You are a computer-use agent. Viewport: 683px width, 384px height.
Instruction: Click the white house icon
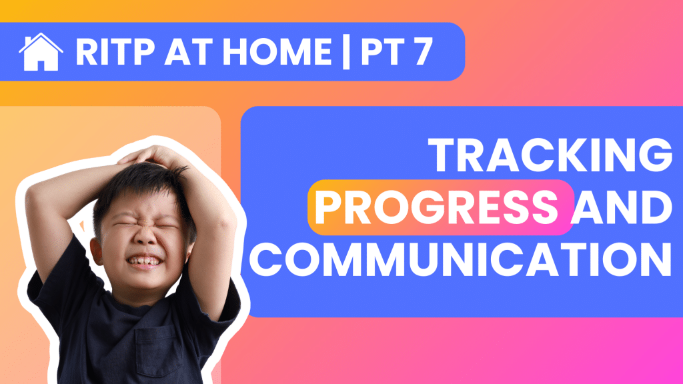tap(41, 52)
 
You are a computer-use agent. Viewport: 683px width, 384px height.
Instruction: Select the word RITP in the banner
tap(115, 52)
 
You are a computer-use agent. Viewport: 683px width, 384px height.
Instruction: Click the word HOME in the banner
tap(277, 52)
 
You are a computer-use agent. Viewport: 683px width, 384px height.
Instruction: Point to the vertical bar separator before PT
tap(346, 52)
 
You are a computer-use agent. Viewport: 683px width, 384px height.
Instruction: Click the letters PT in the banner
tap(380, 52)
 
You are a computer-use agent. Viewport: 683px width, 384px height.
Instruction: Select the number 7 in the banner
tap(421, 52)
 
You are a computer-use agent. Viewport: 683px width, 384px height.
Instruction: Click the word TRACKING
tap(550, 155)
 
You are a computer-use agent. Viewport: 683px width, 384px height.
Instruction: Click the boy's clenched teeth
tap(144, 261)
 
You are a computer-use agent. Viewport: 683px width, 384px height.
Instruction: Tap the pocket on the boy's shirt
tap(157, 348)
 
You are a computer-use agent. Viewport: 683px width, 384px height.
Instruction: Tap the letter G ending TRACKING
tap(656, 155)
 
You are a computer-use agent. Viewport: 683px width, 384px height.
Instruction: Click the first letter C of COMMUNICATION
tap(265, 259)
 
